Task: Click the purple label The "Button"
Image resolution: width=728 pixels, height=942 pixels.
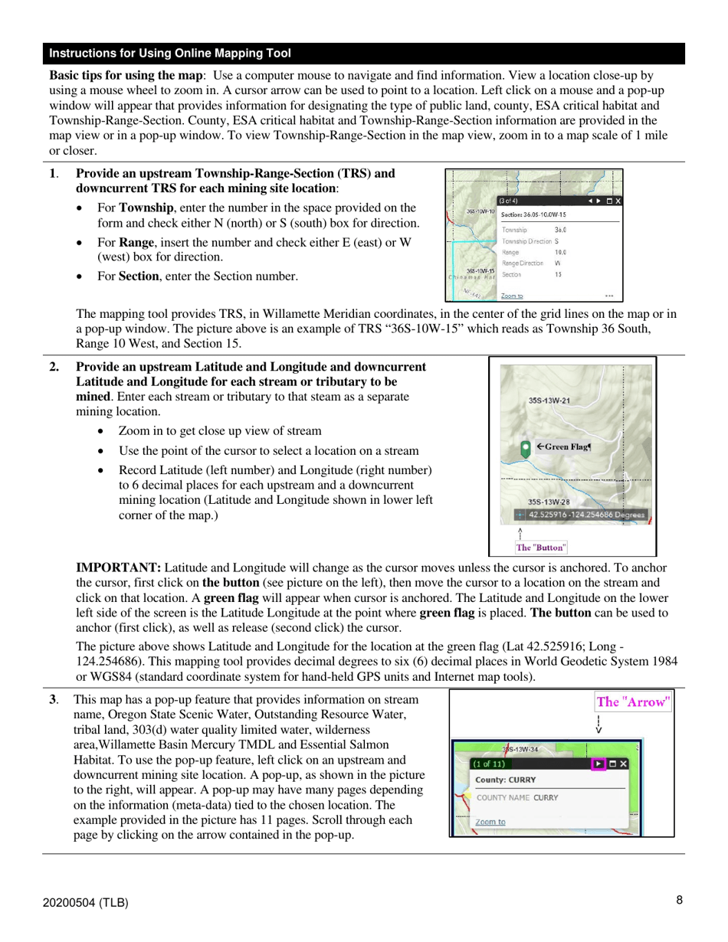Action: pyautogui.click(x=541, y=547)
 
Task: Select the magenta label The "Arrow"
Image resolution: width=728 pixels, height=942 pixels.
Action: pyautogui.click(x=633, y=702)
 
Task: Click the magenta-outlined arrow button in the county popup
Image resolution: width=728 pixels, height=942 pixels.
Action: pyautogui.click(x=599, y=764)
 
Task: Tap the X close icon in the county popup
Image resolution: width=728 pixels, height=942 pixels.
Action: pyautogui.click(x=624, y=764)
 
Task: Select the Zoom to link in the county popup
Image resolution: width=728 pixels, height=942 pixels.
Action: pyautogui.click(x=490, y=822)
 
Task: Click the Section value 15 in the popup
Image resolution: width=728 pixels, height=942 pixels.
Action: pyautogui.click(x=558, y=274)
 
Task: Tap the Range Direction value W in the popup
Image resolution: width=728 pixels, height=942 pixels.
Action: pyautogui.click(x=558, y=263)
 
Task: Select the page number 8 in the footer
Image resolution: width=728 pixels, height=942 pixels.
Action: pyautogui.click(x=679, y=901)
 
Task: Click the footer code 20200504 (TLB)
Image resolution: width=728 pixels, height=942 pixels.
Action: pyautogui.click(x=85, y=902)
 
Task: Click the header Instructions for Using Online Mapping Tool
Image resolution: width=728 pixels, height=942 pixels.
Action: pyautogui.click(x=170, y=54)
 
